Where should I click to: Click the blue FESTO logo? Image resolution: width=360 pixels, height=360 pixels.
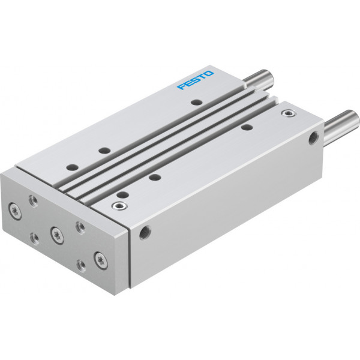point(196,80)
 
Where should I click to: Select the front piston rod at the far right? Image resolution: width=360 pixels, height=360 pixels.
point(341,125)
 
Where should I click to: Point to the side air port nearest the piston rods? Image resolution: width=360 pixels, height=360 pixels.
point(313,138)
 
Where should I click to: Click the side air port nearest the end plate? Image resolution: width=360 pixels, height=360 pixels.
point(145,233)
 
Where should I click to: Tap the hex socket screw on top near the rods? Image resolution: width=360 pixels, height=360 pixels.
point(289,113)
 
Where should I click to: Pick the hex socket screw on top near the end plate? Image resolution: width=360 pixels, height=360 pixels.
point(119,205)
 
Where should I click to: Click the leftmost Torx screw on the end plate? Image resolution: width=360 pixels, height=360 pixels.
point(15,211)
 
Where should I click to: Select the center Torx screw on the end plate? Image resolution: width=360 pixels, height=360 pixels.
point(57,236)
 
